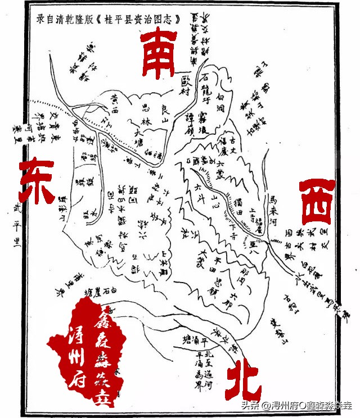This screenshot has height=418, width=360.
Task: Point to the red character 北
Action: (243, 382)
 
